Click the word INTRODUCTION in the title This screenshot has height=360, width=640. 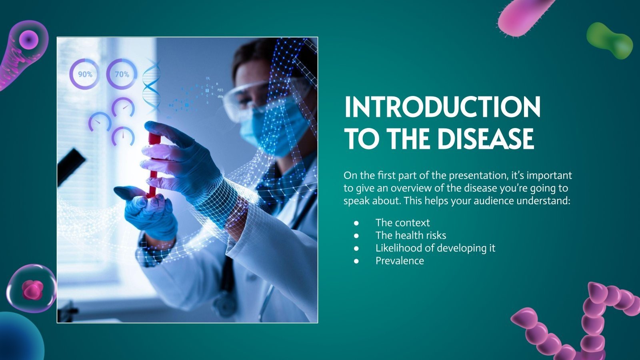[442, 107]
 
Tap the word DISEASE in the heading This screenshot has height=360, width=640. [485, 139]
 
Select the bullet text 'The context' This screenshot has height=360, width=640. [402, 223]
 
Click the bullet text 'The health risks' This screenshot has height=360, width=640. [410, 235]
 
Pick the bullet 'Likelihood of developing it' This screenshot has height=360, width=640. [435, 248]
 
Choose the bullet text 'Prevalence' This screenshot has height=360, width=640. [400, 261]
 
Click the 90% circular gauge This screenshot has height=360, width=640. [85, 74]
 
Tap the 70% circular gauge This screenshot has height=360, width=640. [122, 74]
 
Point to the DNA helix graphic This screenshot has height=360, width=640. [152, 86]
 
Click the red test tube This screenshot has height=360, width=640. [153, 164]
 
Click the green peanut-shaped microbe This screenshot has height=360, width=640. [609, 40]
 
